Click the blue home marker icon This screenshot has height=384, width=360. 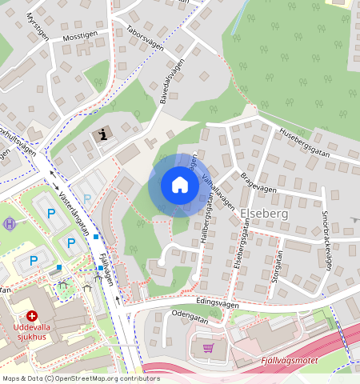point(180,185)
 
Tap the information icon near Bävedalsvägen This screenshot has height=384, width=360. point(103,134)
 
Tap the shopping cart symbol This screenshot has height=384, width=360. point(209,348)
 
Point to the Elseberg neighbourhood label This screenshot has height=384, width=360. point(261,214)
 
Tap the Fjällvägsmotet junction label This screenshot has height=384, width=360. point(290,361)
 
